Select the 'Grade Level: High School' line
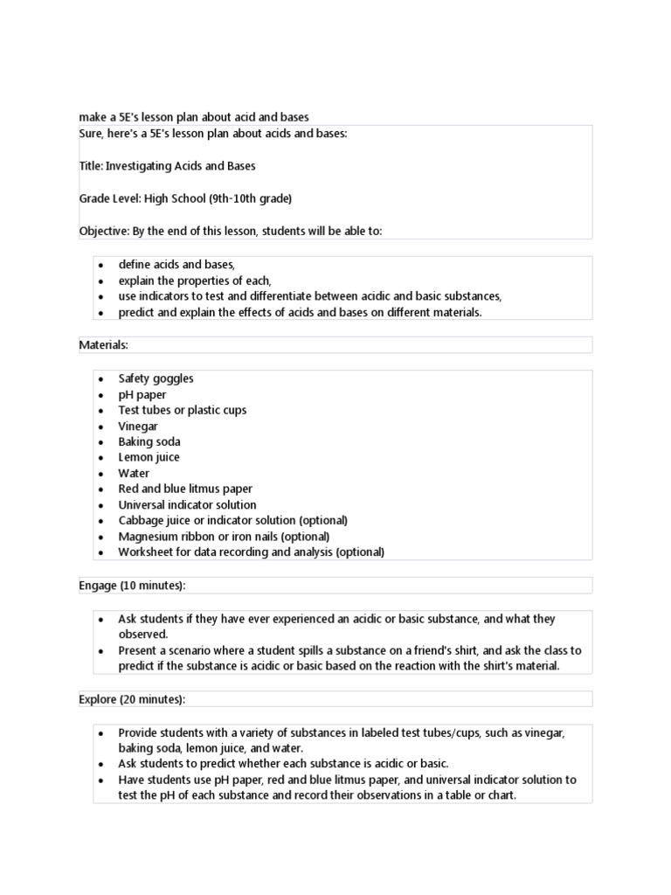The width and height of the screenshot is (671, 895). (185, 198)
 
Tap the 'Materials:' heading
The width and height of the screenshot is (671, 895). (104, 345)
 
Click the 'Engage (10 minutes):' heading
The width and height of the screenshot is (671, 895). (132, 585)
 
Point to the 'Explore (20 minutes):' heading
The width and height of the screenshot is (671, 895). (132, 699)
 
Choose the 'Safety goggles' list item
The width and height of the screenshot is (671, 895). (156, 378)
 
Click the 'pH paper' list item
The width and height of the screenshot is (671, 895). (142, 395)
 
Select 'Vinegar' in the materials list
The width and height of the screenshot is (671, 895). (138, 427)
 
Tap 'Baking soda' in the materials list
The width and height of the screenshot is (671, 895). (149, 442)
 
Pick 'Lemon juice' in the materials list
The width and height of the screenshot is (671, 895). (149, 458)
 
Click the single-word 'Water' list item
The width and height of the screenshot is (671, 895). (134, 474)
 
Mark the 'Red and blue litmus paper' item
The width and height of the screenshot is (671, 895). (185, 489)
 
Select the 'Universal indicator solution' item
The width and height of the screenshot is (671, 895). (188, 505)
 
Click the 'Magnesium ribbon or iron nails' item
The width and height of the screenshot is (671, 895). (224, 537)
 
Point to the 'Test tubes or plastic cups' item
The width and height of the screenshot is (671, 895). (183, 411)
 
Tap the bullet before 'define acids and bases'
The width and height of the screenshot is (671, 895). (101, 265)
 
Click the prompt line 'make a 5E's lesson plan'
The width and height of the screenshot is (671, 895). (194, 117)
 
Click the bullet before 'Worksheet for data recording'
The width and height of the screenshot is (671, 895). (101, 553)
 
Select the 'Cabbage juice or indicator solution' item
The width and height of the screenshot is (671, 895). (232, 521)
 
